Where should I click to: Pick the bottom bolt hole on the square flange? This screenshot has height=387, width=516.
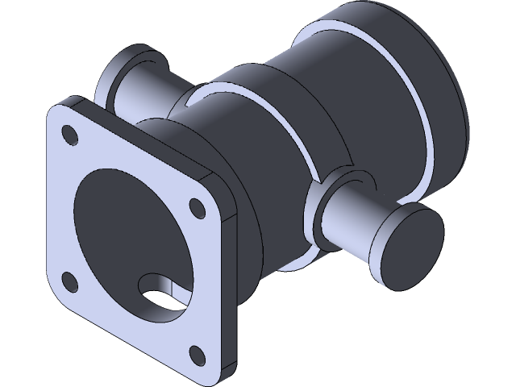(196, 352)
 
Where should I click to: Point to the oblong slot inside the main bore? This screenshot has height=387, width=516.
(161, 290)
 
